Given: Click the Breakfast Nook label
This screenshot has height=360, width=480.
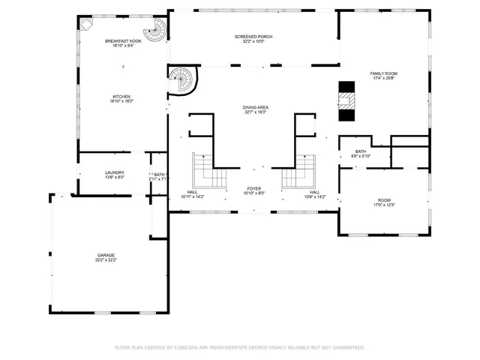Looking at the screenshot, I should click(x=121, y=40).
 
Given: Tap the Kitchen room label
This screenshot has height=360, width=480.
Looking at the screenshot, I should click(x=121, y=96).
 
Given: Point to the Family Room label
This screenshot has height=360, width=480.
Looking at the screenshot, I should click(x=382, y=73).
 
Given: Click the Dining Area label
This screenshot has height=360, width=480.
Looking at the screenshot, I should click(x=255, y=107).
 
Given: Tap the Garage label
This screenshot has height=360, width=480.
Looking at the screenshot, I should click(x=105, y=255).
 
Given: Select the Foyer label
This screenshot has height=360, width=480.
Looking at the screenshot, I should click(x=255, y=188).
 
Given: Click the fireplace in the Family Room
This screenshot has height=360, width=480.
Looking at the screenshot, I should click(x=346, y=100).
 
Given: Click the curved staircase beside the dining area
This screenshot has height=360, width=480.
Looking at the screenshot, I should click(x=181, y=79).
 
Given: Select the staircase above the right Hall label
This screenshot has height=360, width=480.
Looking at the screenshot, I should click(x=299, y=172).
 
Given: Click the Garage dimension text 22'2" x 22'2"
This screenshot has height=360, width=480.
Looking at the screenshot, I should click(x=105, y=260).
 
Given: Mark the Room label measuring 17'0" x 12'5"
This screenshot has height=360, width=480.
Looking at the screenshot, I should click(x=384, y=200).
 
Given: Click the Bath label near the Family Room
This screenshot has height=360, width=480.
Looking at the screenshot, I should click(x=361, y=151).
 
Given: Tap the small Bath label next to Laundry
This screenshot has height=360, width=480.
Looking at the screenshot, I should click(x=159, y=174).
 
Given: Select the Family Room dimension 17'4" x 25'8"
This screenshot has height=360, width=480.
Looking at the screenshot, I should click(x=382, y=78).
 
